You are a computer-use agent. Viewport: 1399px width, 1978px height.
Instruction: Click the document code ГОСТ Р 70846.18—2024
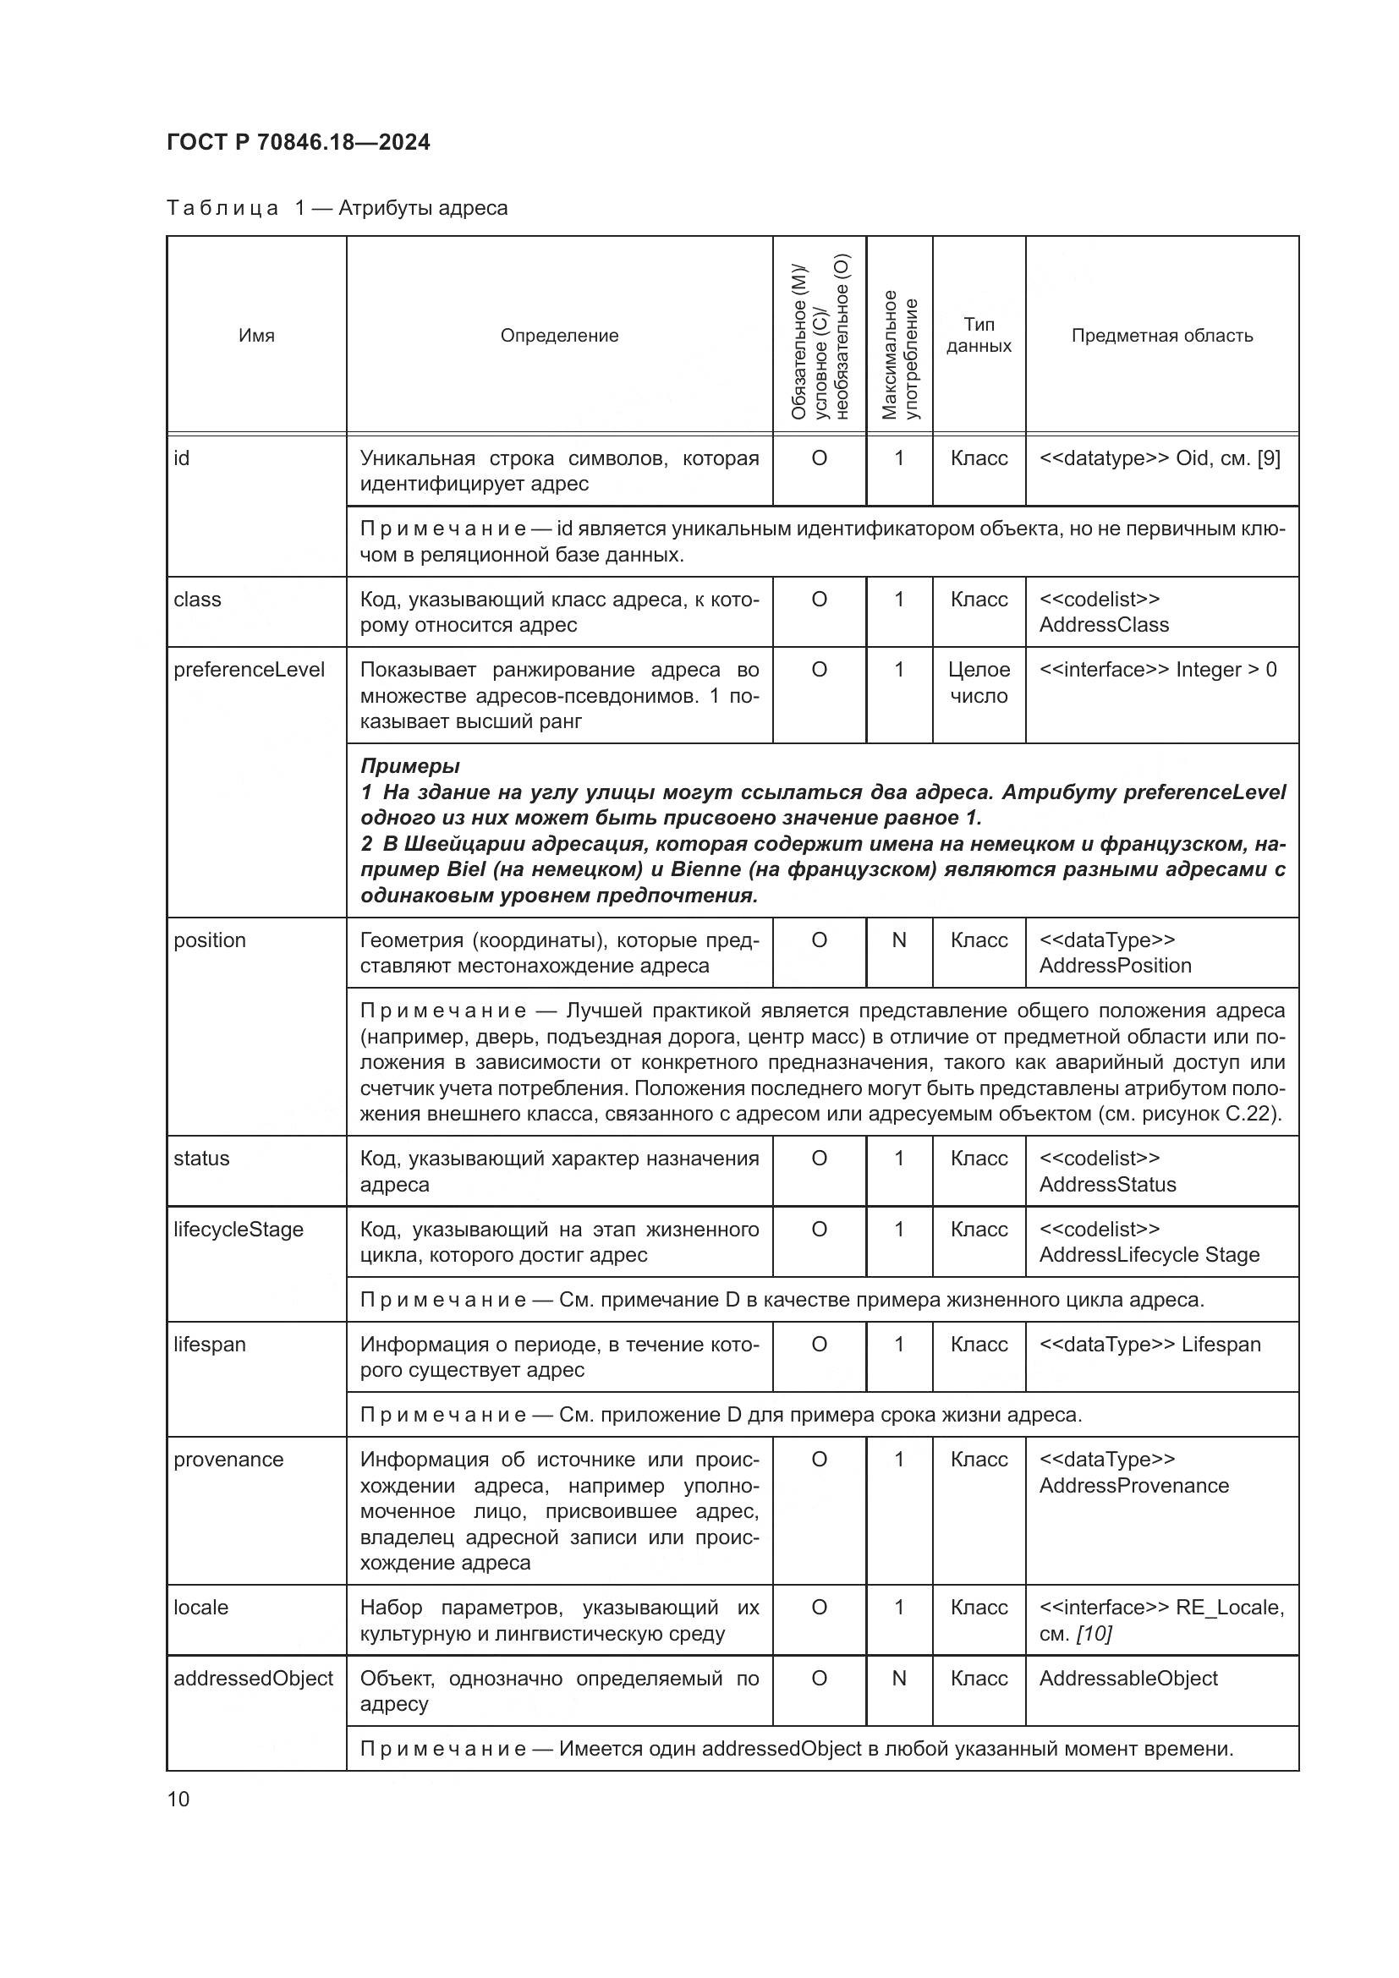coord(298,143)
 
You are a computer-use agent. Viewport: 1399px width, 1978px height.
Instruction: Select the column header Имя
coord(257,336)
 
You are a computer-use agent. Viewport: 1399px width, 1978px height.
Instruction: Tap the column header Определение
coord(559,336)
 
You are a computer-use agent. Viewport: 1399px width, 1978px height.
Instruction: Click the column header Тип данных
coord(979,335)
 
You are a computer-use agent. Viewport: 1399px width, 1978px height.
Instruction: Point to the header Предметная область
coord(1161,336)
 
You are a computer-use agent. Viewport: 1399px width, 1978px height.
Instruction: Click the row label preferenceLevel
coord(249,671)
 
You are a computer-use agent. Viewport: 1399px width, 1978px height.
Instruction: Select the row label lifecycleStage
coord(239,1230)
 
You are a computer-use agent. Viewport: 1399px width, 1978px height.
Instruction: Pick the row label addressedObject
coord(253,1678)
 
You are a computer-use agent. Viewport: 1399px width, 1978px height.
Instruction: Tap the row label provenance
coord(228,1460)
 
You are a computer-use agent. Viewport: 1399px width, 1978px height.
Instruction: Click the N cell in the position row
coord(898,940)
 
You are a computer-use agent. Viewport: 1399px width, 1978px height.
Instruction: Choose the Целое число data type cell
coord(979,683)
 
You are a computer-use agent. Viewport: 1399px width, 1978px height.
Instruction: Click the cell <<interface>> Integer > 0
coord(1158,671)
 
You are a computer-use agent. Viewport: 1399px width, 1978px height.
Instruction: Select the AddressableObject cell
coord(1127,1678)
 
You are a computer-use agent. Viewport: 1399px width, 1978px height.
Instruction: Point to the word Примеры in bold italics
coord(409,766)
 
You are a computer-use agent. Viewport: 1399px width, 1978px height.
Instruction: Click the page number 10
coord(178,1800)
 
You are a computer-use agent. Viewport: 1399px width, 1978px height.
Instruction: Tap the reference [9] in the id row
coord(1268,458)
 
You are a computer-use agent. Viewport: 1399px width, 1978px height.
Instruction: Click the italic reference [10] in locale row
coord(1094,1634)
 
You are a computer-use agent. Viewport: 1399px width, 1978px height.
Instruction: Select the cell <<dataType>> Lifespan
coord(1149,1345)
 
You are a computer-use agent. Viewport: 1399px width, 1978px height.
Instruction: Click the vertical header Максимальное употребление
coord(899,355)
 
